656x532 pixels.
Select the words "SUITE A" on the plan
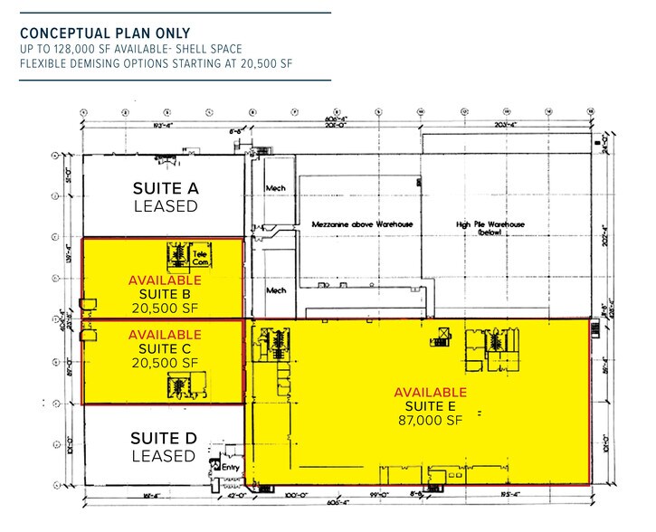(165, 188)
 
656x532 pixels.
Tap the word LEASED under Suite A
(165, 206)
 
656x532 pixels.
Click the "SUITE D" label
(165, 439)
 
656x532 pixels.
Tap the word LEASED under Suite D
(165, 456)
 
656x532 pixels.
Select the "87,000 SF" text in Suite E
(431, 421)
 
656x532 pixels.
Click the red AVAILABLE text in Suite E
(431, 393)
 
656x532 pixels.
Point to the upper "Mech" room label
(275, 188)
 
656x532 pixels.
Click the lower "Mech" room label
(275, 291)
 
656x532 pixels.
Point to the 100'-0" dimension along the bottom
(293, 496)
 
